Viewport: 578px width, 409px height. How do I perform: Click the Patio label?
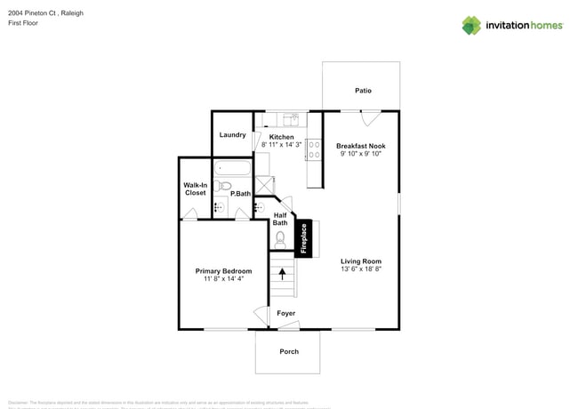point(363,91)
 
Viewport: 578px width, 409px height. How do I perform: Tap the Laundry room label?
point(232,135)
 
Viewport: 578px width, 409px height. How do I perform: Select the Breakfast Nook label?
point(360,145)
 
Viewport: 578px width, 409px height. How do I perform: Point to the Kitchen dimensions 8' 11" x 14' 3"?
point(281,145)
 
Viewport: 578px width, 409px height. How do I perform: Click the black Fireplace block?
point(303,238)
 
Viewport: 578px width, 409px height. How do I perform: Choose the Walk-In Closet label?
point(195,188)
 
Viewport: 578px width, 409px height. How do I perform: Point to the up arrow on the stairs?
point(285,274)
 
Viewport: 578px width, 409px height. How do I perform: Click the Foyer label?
point(285,313)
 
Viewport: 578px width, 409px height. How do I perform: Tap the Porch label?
point(289,351)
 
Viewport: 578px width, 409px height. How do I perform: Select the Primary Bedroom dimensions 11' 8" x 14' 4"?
point(223,279)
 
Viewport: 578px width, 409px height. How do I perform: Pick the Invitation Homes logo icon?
point(471,26)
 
